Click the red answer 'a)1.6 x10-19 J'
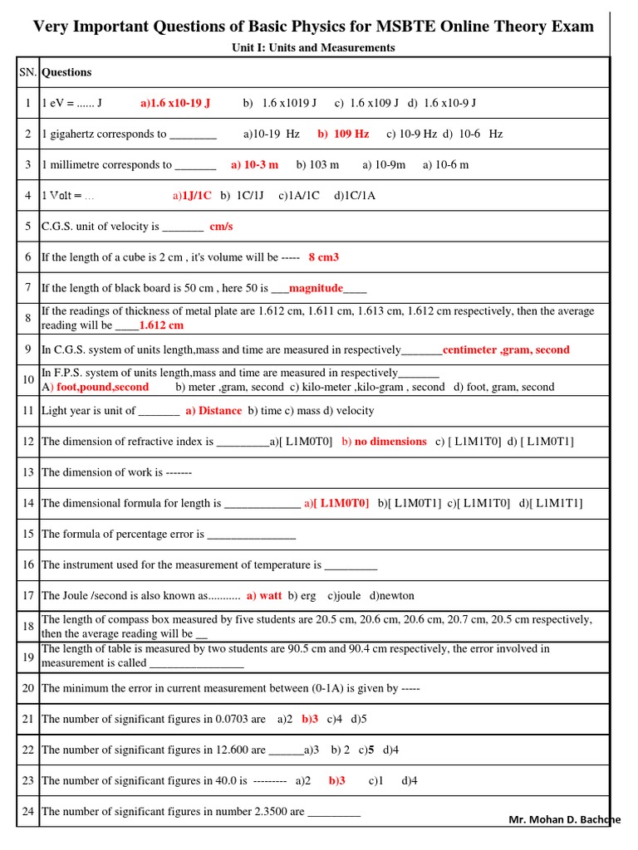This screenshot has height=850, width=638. [175, 103]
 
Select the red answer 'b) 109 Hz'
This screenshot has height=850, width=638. [343, 134]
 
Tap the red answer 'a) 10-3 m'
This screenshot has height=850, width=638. [255, 164]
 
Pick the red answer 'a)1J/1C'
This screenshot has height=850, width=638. [192, 195]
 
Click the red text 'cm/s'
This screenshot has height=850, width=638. [222, 226]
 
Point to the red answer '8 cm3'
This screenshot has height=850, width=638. [323, 257]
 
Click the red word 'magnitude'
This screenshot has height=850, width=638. [316, 288]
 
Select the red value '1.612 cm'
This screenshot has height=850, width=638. [161, 325]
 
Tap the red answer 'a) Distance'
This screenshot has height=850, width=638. [213, 411]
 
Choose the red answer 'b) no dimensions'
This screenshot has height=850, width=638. [384, 442]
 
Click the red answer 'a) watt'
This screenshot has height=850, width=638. [264, 595]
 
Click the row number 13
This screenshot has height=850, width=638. [28, 472]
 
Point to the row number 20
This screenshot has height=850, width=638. [28, 687]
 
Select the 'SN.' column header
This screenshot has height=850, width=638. [28, 72]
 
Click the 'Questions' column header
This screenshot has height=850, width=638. [66, 72]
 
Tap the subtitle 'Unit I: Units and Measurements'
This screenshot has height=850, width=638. [313, 47]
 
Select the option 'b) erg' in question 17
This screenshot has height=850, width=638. [302, 595]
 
